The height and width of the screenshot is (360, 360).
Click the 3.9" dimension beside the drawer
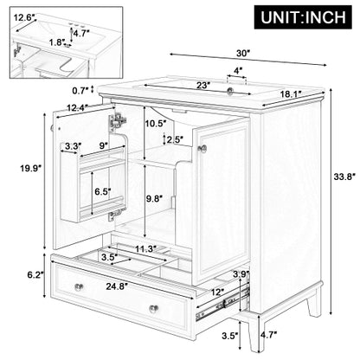tap(243, 273)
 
